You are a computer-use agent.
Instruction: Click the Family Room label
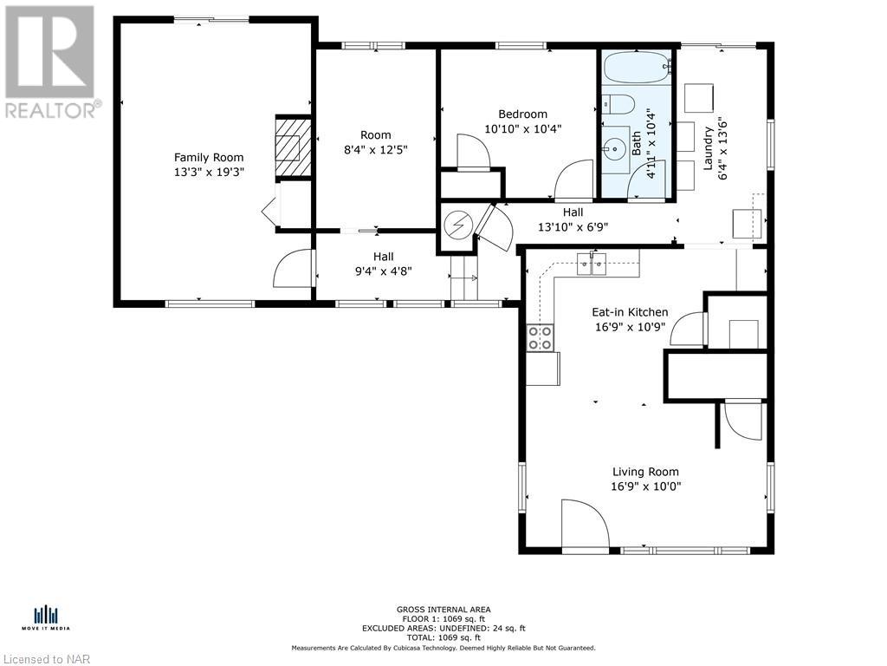tap(209, 158)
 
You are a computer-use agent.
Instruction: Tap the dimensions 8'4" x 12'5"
tap(376, 149)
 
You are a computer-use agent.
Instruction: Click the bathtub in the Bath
tap(637, 68)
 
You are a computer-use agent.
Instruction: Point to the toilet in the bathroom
tap(618, 105)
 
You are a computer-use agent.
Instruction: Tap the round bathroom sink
tap(615, 149)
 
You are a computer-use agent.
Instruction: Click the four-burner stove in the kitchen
tap(541, 338)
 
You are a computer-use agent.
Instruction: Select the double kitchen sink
tap(591, 264)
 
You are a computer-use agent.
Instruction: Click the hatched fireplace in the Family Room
tap(293, 146)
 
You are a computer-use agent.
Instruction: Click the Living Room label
tap(645, 472)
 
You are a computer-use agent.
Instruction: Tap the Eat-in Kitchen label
tap(630, 312)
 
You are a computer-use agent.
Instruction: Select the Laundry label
tap(708, 148)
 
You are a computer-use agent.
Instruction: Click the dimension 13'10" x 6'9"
tap(573, 227)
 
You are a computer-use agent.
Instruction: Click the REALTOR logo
tap(51, 62)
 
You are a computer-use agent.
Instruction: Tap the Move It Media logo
tap(46, 618)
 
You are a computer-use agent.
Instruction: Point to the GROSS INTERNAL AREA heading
tap(443, 610)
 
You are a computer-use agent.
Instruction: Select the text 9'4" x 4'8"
tap(383, 271)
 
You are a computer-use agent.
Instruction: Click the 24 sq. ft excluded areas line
tap(443, 628)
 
